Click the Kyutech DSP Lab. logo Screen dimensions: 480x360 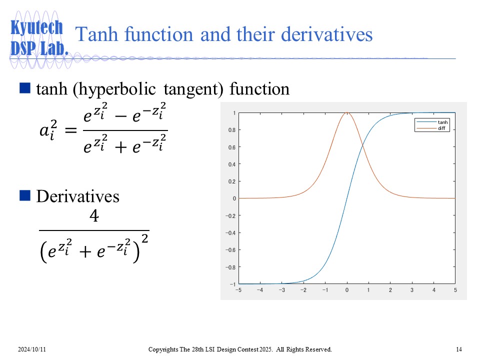click(x=39, y=37)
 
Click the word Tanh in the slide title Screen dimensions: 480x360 click(x=96, y=34)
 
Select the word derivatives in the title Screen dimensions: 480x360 click(x=326, y=34)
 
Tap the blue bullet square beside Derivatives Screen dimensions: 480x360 click(x=25, y=195)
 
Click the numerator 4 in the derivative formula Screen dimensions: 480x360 click(x=94, y=215)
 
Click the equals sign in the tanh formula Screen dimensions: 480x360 click(x=70, y=130)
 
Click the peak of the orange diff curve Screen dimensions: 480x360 click(x=347, y=112)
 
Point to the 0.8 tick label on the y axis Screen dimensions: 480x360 click(x=231, y=130)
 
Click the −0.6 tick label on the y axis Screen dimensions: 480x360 click(x=230, y=250)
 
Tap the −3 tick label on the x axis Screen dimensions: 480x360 click(x=281, y=290)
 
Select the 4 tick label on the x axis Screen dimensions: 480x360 click(x=434, y=290)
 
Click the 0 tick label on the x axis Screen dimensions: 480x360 click(x=347, y=290)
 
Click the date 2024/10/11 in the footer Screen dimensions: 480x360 click(x=32, y=349)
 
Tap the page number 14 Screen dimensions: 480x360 click(x=459, y=349)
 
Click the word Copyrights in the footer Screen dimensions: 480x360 click(x=163, y=349)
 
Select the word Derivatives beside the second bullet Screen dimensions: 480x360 click(x=78, y=196)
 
